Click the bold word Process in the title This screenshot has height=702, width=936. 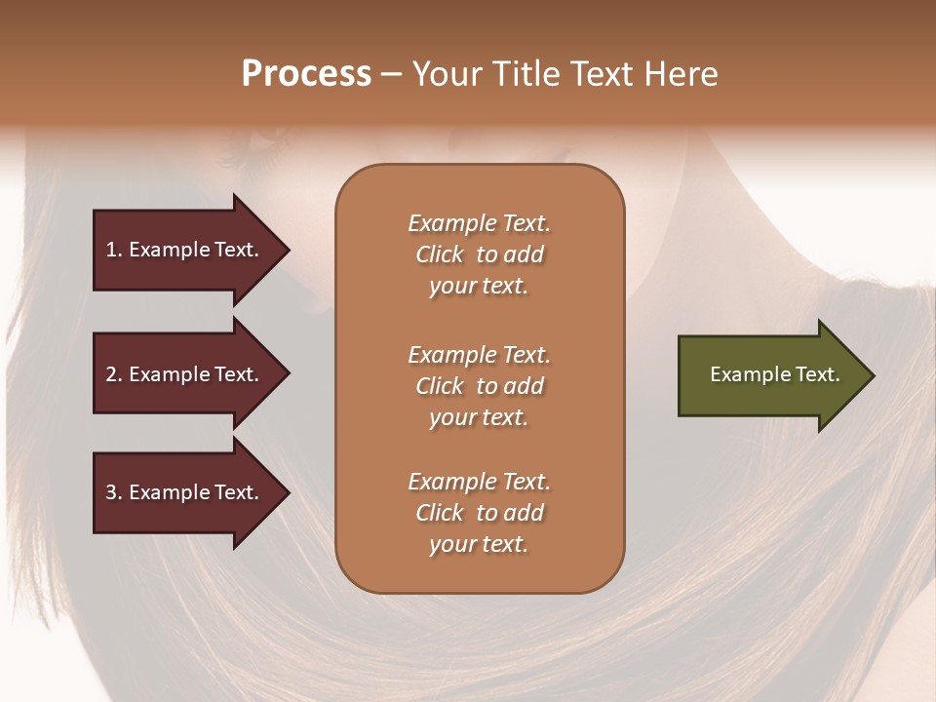(306, 74)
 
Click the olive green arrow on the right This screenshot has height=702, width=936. (770, 375)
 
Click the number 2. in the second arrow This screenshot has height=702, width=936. (114, 374)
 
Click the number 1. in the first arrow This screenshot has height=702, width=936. (114, 251)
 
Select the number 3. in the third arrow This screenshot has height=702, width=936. (114, 493)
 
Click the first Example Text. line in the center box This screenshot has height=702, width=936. (479, 223)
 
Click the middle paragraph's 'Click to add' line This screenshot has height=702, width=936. (479, 386)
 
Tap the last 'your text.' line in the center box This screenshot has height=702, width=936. (479, 544)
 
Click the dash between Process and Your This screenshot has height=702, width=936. (392, 74)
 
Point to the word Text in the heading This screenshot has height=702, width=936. (604, 74)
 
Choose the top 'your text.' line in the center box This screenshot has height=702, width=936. (479, 286)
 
